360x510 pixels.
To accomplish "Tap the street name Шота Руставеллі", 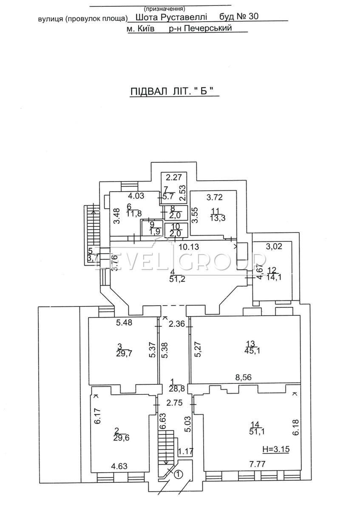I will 173,17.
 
